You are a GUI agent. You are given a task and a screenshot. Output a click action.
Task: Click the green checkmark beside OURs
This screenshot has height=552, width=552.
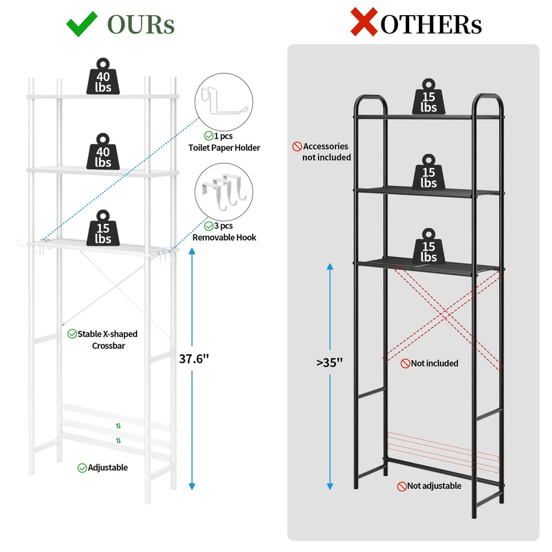pyautogui.click(x=81, y=24)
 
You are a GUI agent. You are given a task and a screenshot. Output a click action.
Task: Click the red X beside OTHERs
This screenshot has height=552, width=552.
pyautogui.click(x=364, y=22)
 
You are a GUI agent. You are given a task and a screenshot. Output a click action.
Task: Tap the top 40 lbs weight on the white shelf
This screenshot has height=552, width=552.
pyautogui.click(x=103, y=77)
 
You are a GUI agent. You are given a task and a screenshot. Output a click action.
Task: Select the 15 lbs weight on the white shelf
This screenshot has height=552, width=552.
pyautogui.click(x=103, y=228)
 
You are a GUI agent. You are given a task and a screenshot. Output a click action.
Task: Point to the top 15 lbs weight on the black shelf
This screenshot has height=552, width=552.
pyautogui.click(x=429, y=96)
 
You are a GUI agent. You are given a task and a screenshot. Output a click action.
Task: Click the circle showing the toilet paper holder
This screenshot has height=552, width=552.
pyautogui.click(x=224, y=102)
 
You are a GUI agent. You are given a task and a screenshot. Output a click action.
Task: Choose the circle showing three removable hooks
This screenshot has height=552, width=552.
pyautogui.click(x=224, y=192)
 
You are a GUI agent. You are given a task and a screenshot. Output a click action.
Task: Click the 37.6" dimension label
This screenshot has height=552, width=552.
pyautogui.click(x=194, y=358)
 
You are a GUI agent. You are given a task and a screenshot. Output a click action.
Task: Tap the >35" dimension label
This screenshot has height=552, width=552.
pyautogui.click(x=329, y=362)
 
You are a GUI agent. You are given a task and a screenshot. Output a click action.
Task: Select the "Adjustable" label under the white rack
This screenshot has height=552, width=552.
pyautogui.click(x=102, y=467)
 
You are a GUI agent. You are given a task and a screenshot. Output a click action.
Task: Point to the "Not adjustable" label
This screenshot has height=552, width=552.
pyautogui.click(x=429, y=486)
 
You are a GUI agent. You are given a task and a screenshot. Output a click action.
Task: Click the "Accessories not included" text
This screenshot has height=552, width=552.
pyautogui.click(x=322, y=151)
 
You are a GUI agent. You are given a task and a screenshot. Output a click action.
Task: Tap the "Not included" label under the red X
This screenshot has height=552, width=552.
pyautogui.click(x=430, y=363)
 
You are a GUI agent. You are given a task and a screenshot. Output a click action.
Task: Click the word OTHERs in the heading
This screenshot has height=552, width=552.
pyautogui.click(x=431, y=25)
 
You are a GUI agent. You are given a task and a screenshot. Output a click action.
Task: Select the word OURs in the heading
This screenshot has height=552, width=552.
pyautogui.click(x=141, y=25)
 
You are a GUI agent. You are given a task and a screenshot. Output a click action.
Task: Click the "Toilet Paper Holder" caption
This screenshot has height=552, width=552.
pyautogui.click(x=224, y=148)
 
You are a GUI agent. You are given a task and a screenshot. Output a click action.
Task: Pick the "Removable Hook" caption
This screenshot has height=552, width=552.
pyautogui.click(x=224, y=238)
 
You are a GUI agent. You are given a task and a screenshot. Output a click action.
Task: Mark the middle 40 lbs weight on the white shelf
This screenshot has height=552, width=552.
pyautogui.click(x=103, y=151)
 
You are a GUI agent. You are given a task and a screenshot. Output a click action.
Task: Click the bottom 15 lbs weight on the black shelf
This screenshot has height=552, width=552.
pyautogui.click(x=429, y=246)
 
